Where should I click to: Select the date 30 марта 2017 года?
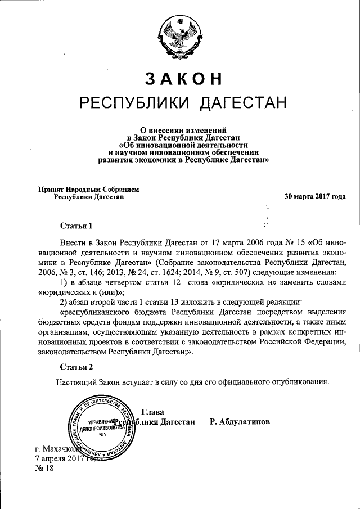coord(315,197)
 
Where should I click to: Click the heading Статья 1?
coord(76,226)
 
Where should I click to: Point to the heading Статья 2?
coord(76,367)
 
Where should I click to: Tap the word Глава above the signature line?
coord(153,412)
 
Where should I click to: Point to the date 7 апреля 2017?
coord(59,459)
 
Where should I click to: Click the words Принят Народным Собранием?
coord(88,190)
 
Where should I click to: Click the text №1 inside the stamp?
coord(102,435)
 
